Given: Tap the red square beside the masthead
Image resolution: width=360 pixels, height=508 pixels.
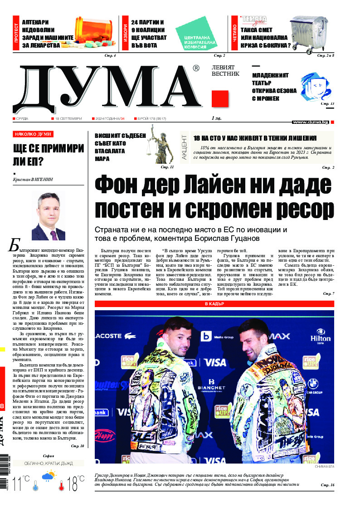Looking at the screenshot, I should coord(219,98).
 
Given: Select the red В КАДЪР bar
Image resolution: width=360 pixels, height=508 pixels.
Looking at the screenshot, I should coord(215,303).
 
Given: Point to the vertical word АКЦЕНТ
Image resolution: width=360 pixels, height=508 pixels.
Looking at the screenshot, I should coord(184,147).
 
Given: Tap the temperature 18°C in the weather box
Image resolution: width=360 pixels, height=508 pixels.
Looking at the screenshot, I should coord(73,483).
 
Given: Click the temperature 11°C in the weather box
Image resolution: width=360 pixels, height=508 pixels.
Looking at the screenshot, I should coord(21,483).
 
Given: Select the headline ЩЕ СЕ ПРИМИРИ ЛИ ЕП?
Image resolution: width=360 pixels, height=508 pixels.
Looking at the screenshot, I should coord(49,155).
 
